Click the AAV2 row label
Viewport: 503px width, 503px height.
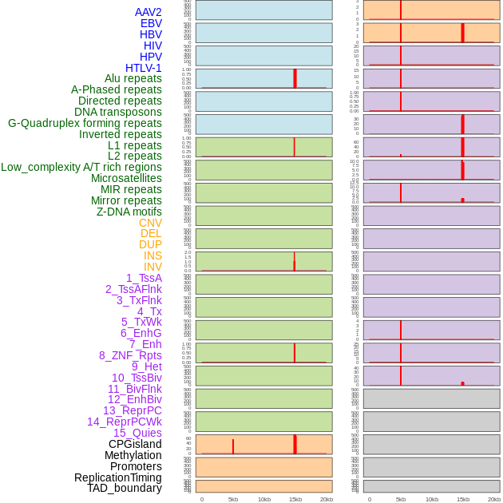point(148,12)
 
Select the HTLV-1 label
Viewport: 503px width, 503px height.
point(143,68)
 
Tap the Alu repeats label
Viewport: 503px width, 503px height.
point(133,78)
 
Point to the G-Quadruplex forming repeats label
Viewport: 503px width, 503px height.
point(85,123)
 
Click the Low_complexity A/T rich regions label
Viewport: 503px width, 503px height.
point(81,167)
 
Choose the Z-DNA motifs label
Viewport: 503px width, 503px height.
point(129,212)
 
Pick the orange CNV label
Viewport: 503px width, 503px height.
point(150,223)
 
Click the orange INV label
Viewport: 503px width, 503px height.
point(152,267)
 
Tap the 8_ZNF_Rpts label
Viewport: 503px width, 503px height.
point(130,355)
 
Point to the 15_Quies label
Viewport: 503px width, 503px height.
point(137,433)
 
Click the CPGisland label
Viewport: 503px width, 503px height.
point(135,444)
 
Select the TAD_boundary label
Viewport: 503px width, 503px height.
point(125,488)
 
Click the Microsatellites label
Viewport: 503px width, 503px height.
point(126,178)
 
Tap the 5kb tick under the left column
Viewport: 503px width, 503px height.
point(233,499)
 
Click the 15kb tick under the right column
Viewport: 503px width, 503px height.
point(463,499)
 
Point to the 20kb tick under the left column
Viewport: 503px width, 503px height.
point(327,499)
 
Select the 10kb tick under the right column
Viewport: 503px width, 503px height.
point(432,499)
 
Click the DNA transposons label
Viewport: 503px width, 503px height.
point(118,112)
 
